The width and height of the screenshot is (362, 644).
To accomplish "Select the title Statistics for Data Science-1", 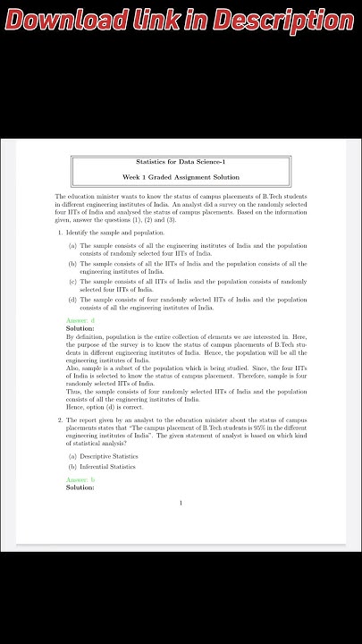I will pos(181,162).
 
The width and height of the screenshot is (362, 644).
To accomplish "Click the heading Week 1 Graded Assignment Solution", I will pos(181,177).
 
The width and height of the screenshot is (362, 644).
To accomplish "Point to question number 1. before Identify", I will pos(61,233).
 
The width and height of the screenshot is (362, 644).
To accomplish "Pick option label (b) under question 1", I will pos(72,264).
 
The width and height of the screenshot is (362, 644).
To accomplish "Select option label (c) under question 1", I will pos(72,282).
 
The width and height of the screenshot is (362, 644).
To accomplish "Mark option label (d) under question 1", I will pos(72,300).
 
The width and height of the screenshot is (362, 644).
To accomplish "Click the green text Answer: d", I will pos(80,320).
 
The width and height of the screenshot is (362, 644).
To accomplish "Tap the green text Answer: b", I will pos(80,480).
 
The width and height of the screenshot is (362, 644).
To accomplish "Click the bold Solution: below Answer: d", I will pos(80,328).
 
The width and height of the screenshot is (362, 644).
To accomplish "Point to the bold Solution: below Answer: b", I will pos(80,488).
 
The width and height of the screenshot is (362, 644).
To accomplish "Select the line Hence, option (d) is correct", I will pos(105,407).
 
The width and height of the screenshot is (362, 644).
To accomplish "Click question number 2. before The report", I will pos(61,419).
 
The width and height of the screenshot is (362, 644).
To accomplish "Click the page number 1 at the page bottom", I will pos(181,503).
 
